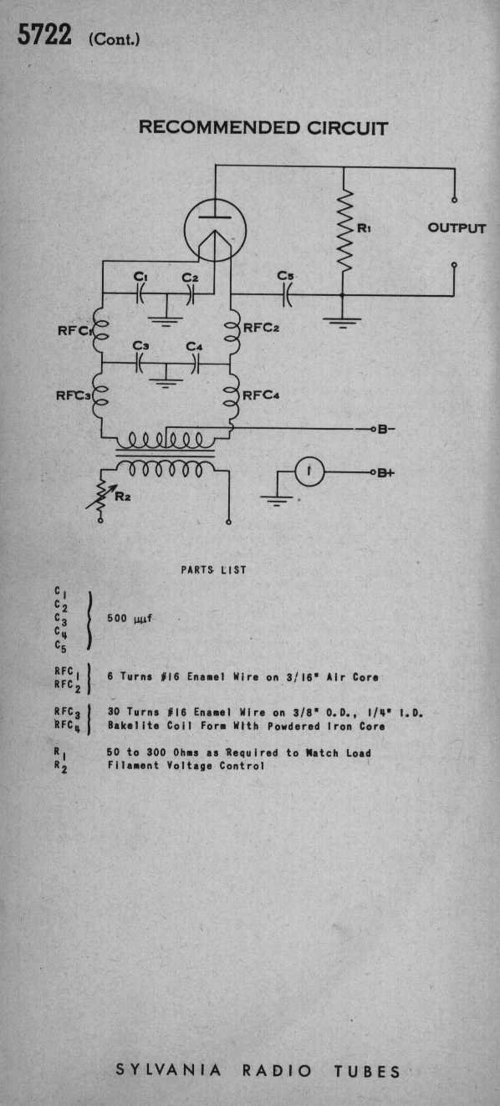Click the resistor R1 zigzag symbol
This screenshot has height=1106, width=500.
[x=344, y=230]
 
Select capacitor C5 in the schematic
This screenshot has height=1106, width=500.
[x=287, y=295]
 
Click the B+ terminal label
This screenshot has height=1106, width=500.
[x=386, y=472]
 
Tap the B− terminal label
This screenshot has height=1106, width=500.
[x=386, y=429]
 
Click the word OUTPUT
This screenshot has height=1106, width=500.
[x=457, y=228]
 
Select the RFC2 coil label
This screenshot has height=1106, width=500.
[x=262, y=328]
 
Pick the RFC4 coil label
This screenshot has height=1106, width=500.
[x=262, y=395]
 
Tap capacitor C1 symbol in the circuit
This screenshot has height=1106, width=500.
[x=140, y=294]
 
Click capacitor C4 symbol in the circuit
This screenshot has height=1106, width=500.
[x=195, y=364]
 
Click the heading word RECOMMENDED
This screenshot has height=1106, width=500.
[x=219, y=127]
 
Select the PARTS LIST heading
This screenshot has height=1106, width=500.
[x=213, y=570]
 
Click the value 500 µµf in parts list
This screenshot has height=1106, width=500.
[x=130, y=618]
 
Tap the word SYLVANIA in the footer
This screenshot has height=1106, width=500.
[x=169, y=1070]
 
